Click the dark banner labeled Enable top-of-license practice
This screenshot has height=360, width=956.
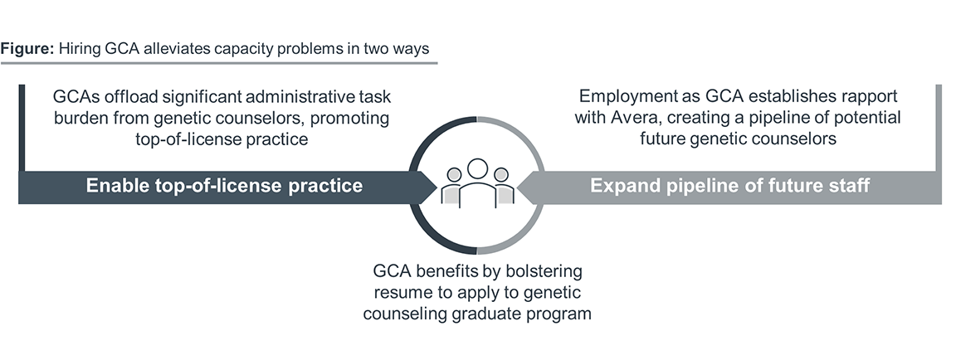pyautogui.click(x=224, y=186)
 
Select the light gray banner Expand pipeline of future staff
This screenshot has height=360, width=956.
pyautogui.click(x=729, y=186)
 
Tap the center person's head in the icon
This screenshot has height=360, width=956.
pyautogui.click(x=477, y=168)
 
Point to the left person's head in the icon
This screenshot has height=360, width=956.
pyautogui.click(x=454, y=175)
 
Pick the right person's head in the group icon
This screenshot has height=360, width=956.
pyautogui.click(x=500, y=175)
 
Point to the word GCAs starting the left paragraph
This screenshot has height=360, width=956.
pyautogui.click(x=80, y=95)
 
